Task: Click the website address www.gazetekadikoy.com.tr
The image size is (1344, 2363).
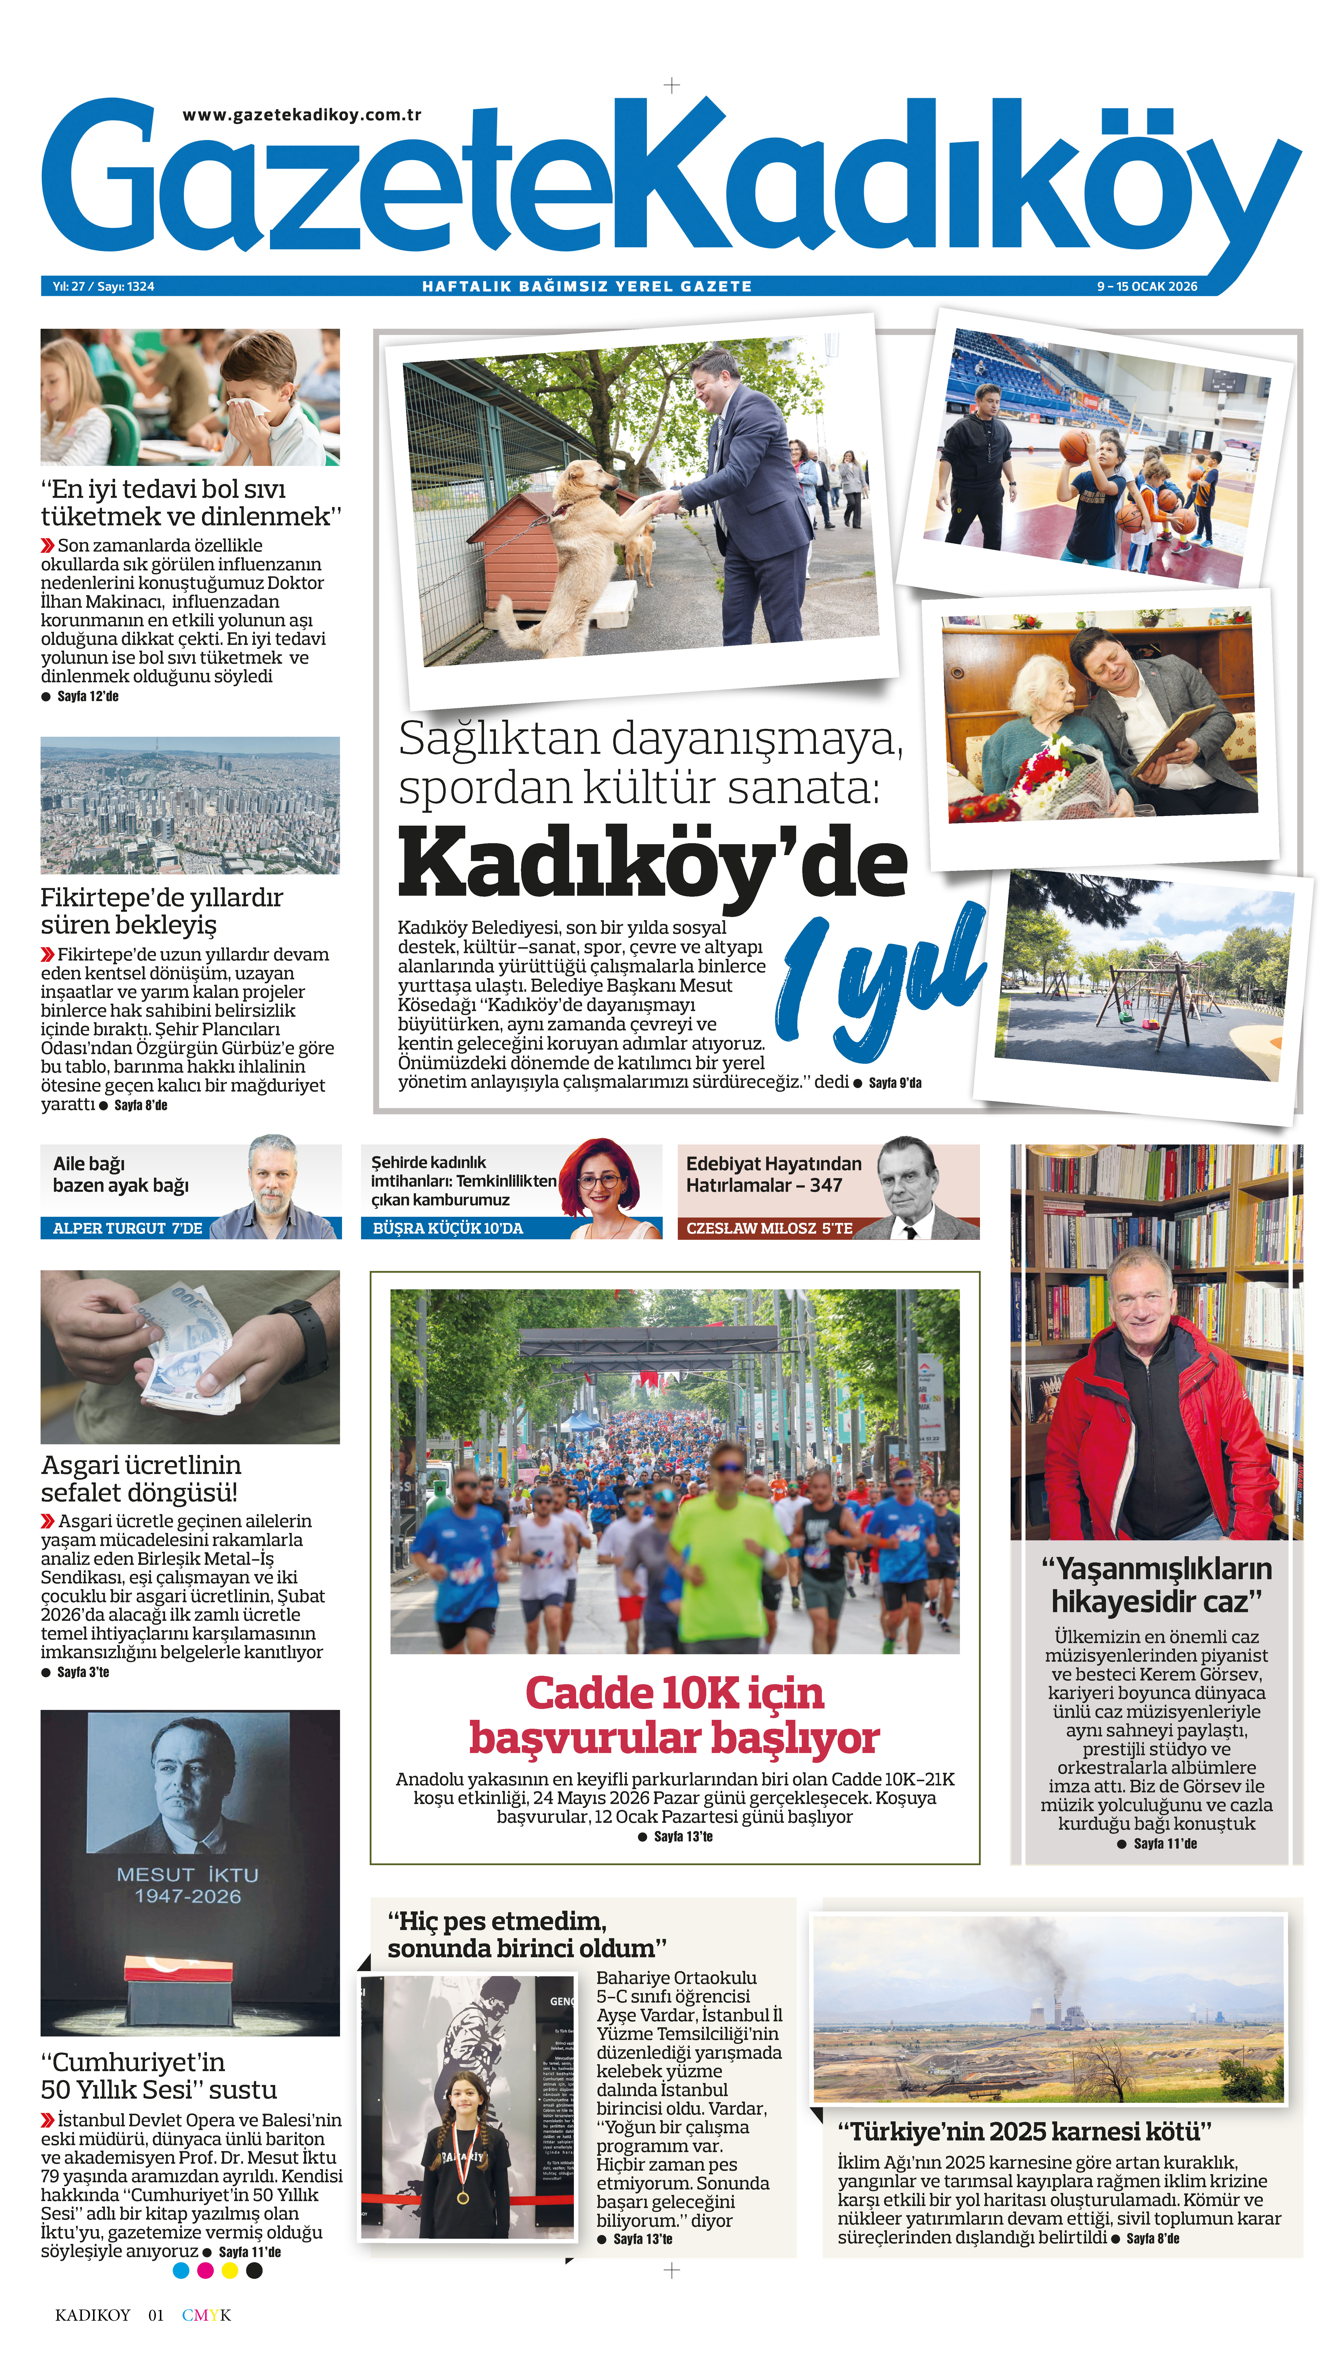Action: (302, 115)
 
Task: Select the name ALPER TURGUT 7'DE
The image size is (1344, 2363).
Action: (127, 1228)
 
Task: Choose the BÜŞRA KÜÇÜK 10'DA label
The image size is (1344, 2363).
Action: (448, 1228)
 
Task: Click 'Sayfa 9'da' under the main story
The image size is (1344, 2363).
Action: (894, 1082)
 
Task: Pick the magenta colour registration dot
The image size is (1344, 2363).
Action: (205, 2271)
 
